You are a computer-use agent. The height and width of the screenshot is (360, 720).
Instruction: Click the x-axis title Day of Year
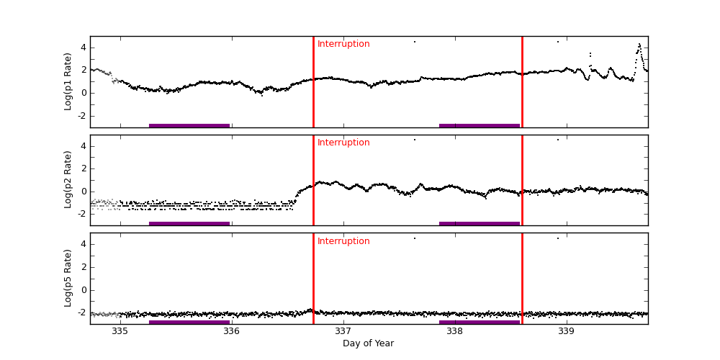pos(368,343)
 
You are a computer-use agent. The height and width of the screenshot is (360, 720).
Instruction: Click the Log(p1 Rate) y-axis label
pos(68,81)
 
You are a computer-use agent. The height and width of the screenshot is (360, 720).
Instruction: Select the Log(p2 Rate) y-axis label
pos(68,179)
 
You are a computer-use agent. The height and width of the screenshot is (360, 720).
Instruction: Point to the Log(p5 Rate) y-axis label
pos(68,278)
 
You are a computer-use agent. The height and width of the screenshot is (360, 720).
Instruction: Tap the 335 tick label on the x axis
pos(120,332)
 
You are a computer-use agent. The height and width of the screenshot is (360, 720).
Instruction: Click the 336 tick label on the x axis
pos(231,332)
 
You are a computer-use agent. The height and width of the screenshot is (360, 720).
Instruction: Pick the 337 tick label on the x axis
pos(343,332)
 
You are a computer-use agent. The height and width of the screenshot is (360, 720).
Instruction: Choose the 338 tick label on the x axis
pos(454,332)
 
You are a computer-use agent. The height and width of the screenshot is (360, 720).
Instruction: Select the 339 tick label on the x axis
pos(566,332)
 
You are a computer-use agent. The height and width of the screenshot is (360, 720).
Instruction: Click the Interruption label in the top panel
pos(343,44)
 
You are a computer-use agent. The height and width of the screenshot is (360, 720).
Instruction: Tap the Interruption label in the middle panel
pos(343,143)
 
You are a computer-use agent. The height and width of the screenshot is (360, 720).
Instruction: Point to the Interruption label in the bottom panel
pos(343,241)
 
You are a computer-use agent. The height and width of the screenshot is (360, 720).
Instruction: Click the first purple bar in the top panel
pos(189,125)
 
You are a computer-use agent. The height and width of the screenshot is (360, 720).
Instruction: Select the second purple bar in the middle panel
pos(480,223)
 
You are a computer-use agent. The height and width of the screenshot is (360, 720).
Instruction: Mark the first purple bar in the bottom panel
pos(189,322)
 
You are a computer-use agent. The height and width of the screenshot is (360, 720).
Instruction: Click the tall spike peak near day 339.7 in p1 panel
pos(639,45)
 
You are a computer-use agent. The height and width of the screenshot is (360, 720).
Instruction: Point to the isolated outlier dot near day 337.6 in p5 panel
pos(414,238)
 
